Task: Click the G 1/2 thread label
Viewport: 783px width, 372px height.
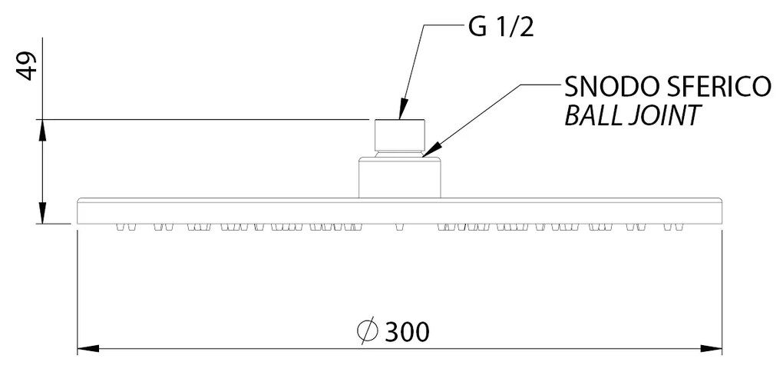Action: tap(501, 28)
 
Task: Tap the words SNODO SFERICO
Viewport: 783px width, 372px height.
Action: tap(668, 88)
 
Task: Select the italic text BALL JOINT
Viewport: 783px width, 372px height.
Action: tap(631, 115)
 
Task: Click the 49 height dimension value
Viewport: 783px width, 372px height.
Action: tap(28, 65)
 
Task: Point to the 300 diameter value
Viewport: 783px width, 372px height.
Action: tap(407, 331)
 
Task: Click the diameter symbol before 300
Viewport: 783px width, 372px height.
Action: tap(368, 331)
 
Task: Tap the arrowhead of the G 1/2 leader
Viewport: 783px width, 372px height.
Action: tap(402, 111)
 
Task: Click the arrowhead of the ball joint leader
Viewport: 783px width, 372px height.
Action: tap(431, 150)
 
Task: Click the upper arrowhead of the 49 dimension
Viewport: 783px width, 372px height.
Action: tap(43, 130)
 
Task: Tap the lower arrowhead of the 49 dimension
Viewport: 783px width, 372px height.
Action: tap(43, 212)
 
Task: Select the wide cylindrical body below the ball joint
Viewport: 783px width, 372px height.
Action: tap(399, 178)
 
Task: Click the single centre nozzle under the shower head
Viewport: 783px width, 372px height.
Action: tap(399, 227)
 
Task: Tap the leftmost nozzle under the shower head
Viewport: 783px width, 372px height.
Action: tap(120, 227)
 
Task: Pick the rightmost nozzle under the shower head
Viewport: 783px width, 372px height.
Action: tap(679, 227)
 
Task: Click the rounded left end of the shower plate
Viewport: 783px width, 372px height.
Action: tap(78, 211)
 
